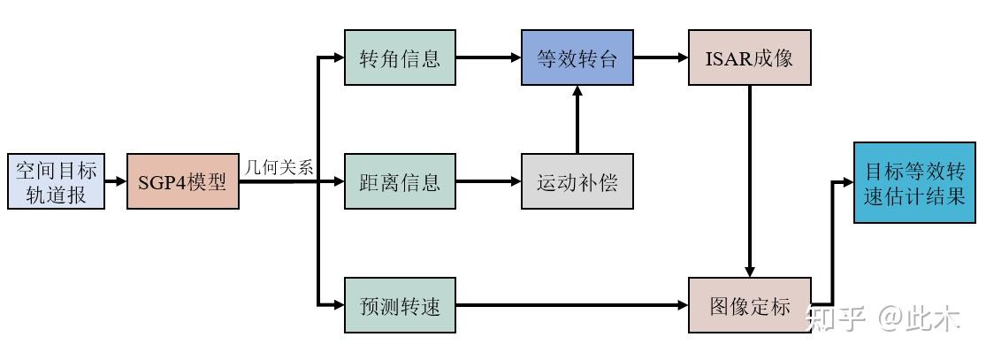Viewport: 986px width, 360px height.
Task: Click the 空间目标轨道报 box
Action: pos(56,182)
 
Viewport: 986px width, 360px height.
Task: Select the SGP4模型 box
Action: pos(183,182)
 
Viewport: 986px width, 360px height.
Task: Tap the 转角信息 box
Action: pos(400,58)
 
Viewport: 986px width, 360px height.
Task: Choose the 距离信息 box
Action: pos(400,182)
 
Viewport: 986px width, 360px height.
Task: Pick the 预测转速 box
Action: pos(400,306)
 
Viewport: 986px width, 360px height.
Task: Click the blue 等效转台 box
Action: pos(577,58)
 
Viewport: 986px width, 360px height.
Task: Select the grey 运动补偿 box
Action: pos(577,182)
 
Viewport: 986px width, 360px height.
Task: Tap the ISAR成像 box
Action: pos(750,58)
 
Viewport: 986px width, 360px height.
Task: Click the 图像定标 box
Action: pos(750,306)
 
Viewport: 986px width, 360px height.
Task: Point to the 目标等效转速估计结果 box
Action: pos(913,182)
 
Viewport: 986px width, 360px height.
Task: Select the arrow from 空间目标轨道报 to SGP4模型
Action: pos(116,182)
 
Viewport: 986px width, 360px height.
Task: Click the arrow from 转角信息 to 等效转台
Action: pos(488,58)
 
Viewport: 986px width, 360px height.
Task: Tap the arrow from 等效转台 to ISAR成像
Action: pos(661,58)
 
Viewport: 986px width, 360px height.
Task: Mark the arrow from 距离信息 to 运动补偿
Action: pos(488,182)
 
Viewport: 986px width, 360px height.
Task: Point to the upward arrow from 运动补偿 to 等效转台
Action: pos(577,119)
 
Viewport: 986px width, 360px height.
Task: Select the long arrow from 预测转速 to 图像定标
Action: pos(572,306)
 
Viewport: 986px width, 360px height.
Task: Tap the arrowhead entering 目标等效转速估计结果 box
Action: pos(847,182)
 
